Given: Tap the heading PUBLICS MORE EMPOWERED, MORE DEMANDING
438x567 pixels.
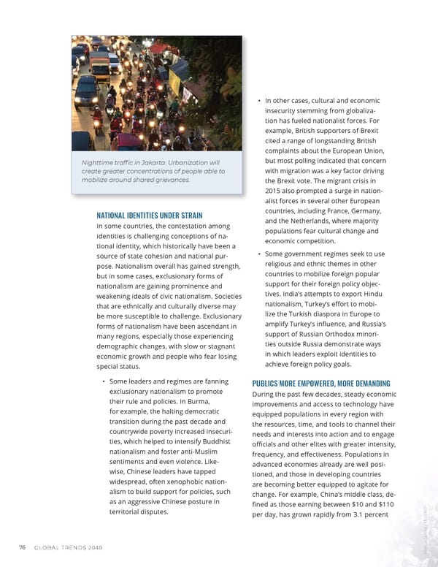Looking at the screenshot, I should (320, 383).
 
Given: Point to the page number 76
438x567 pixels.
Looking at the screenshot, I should (23, 547).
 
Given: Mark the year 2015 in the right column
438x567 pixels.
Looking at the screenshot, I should (274, 191).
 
